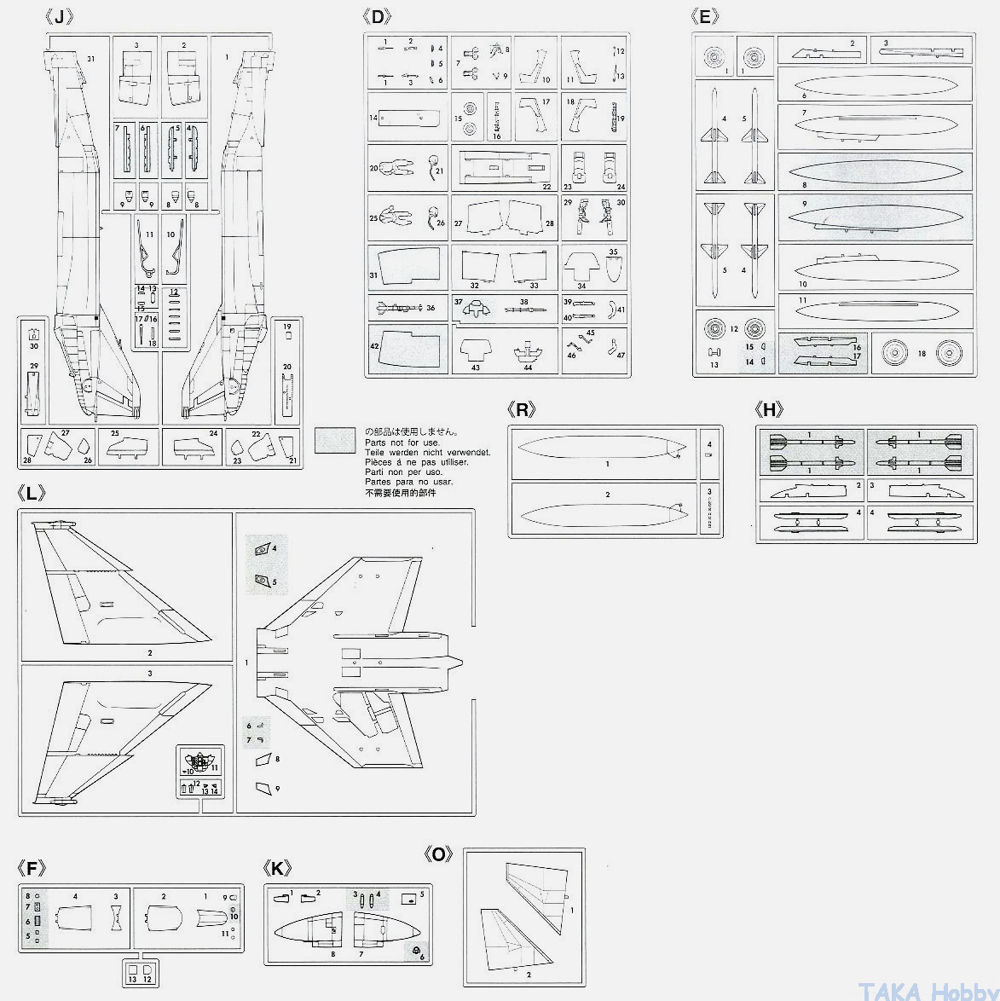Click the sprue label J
(59, 17)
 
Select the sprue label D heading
(377, 17)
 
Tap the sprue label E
(705, 17)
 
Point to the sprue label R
(521, 410)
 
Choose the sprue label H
(769, 410)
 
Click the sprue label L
(32, 494)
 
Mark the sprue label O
(438, 854)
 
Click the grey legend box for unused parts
(335, 439)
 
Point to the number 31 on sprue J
(91, 59)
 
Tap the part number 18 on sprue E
(922, 353)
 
